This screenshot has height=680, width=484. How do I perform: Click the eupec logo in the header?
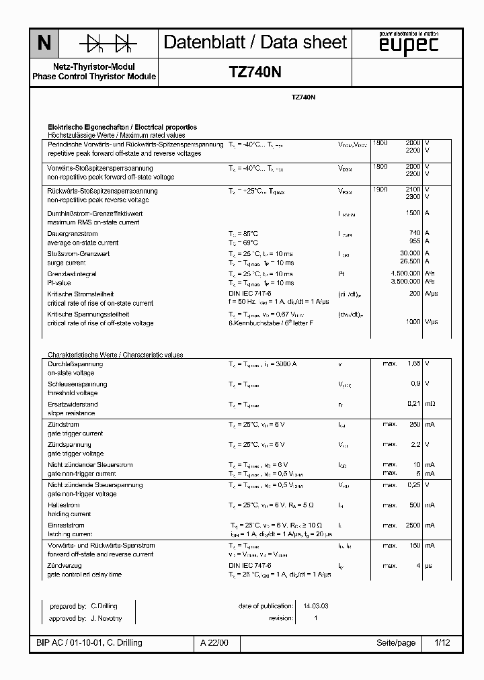tap(408, 43)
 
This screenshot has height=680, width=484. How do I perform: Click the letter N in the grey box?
tap(44, 44)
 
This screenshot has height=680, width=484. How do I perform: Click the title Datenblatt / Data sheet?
tap(255, 42)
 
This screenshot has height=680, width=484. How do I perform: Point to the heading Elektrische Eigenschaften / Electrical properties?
tap(122, 126)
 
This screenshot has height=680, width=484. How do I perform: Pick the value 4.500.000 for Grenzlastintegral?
tap(405, 273)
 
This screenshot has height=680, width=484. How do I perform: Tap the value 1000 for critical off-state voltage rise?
tap(412, 323)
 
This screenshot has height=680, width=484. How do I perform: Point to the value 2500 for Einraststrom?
tap(411, 525)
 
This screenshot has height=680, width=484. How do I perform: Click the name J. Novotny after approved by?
tap(106, 618)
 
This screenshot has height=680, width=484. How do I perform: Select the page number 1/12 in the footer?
tap(442, 642)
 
